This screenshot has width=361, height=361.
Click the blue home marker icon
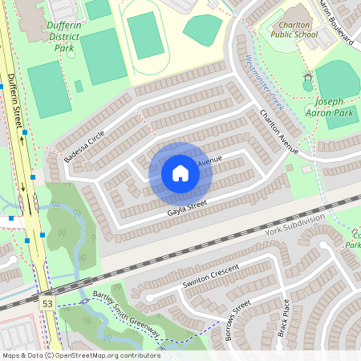(x=180, y=172)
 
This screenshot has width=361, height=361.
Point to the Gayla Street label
(x=187, y=209)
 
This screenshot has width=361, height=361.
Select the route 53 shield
(x=47, y=303)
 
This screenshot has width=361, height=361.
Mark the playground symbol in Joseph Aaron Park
(x=307, y=83)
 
